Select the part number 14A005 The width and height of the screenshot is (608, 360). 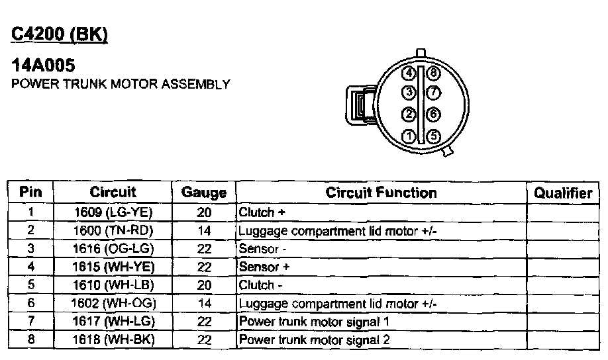43,66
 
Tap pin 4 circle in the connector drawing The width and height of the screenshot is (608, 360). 410,73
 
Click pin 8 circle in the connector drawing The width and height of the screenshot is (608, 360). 433,73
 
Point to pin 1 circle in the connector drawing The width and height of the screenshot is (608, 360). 410,137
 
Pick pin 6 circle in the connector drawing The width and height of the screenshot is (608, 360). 433,114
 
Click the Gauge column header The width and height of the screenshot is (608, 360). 203,193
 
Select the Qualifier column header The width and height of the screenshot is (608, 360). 563,193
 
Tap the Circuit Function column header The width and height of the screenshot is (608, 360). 381,193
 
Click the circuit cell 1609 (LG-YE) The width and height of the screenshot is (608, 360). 113,212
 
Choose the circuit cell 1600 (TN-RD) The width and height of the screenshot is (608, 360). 113,231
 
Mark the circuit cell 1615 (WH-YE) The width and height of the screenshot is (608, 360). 113,267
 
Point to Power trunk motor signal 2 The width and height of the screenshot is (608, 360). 314,340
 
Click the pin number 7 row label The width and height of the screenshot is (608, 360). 30,322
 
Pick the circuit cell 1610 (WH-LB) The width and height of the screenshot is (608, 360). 113,285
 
